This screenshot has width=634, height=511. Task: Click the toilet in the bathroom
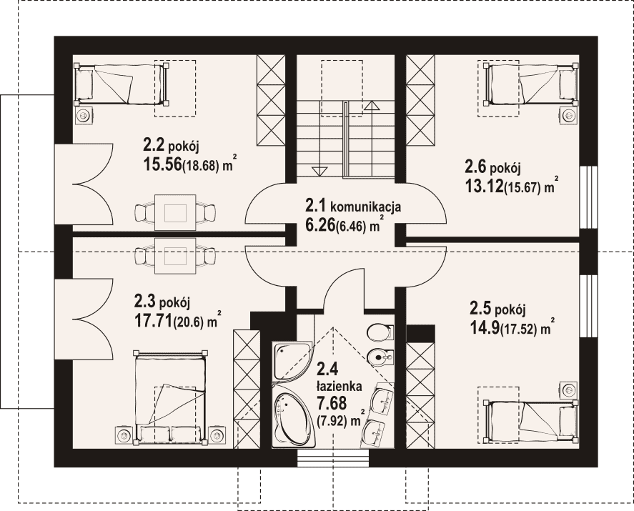tap(380, 332)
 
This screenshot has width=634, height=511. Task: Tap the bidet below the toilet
tap(380, 357)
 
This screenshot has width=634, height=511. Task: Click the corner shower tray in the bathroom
tap(292, 361)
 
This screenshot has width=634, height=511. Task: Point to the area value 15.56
tap(162, 164)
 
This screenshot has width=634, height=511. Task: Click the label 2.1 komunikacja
tap(353, 207)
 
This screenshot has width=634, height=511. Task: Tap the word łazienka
tap(339, 387)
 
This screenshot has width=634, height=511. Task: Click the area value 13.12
tap(484, 187)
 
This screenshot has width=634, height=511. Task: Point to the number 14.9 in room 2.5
tap(485, 329)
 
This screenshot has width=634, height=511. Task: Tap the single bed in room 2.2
tap(122, 84)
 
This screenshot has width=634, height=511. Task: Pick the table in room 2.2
tap(175, 213)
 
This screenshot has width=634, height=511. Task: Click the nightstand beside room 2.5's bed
tap(568, 390)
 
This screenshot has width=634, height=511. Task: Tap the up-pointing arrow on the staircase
tap(372, 106)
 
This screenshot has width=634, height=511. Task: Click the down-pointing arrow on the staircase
tap(319, 171)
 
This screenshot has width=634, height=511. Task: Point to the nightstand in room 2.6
tap(568, 116)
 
